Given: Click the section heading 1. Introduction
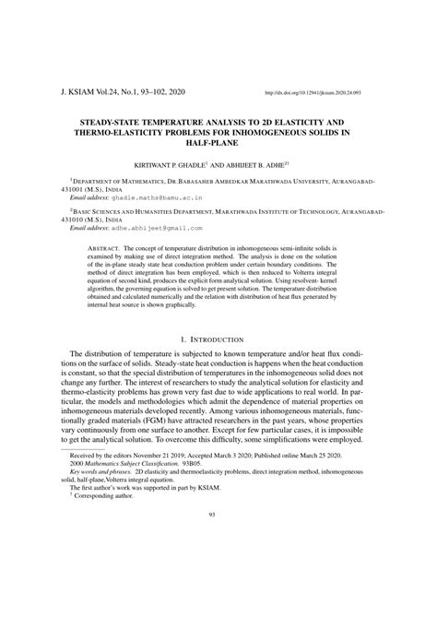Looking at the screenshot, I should (218, 340).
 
